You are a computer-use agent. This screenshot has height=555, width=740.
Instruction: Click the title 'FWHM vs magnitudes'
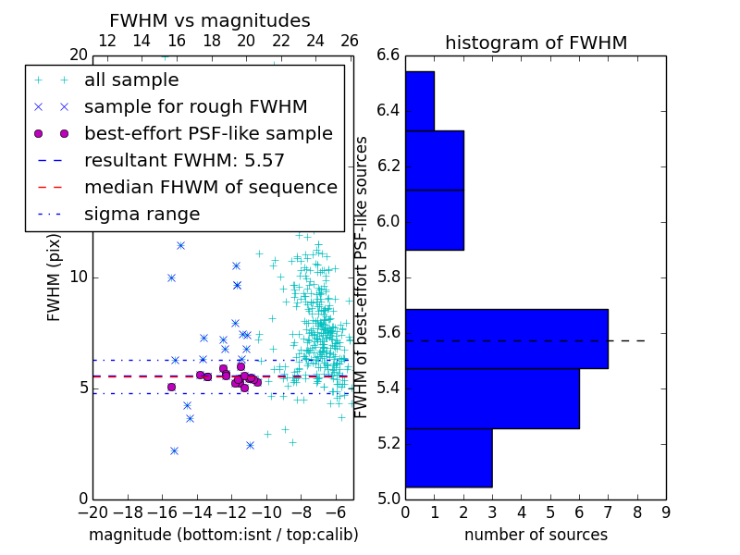coord(210,20)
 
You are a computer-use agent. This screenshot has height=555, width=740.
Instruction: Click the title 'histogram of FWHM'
coord(536,43)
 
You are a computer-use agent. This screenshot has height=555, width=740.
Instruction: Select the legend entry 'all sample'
coord(131,80)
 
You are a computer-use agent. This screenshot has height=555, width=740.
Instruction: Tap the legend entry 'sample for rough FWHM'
coord(195,107)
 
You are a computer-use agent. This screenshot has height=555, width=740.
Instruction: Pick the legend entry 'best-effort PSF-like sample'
coord(208,134)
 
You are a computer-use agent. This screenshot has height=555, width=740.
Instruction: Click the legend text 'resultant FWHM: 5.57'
coord(184,161)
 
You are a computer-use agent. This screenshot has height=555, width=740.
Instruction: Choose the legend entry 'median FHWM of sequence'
coord(211,188)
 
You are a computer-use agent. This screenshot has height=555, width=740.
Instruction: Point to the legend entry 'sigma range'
coord(142,215)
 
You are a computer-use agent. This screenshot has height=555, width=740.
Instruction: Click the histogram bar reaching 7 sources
coord(506,339)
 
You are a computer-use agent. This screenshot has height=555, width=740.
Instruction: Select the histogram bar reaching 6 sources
coord(492,399)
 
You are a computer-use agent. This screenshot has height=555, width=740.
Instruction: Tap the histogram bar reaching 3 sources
coord(449,458)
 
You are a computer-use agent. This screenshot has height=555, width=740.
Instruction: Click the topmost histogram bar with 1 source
coord(420,101)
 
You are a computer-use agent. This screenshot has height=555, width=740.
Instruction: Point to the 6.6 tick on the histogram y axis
coord(388,55)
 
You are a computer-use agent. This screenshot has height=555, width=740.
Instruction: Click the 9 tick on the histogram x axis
coord(666,512)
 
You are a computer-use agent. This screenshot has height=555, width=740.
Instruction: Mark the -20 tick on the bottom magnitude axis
coord(94,512)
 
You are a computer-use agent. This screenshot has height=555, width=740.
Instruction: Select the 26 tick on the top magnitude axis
coord(350,41)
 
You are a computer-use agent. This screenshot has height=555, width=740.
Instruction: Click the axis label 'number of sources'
coord(536,535)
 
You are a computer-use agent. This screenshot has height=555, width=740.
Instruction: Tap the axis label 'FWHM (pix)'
coord(54,277)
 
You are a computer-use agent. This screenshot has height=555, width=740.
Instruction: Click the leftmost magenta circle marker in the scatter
coord(171,387)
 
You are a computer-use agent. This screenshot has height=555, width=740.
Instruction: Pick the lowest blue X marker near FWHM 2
coord(174,451)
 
